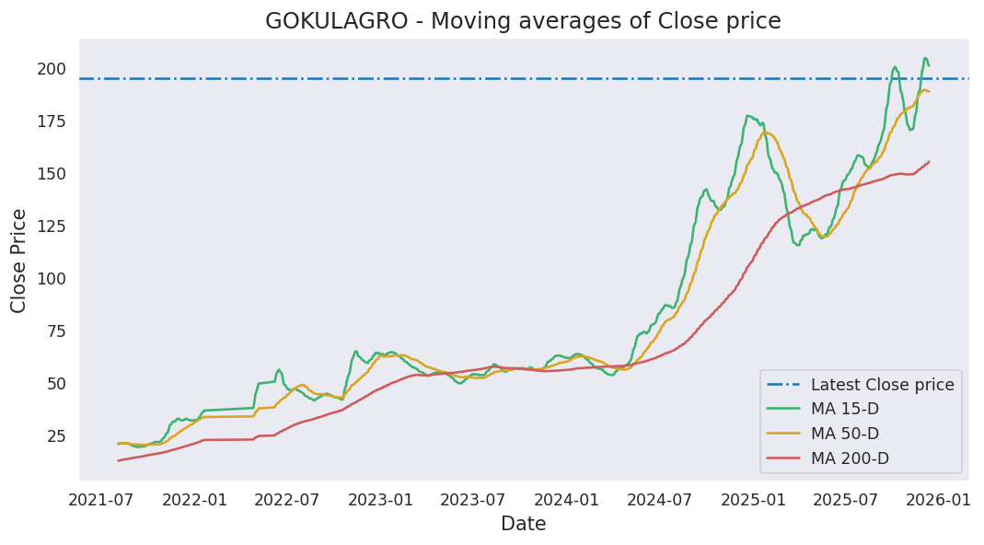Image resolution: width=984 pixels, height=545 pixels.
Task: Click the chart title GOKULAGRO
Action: coord(523,21)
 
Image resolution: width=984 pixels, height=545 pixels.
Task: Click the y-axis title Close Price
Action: coord(19,260)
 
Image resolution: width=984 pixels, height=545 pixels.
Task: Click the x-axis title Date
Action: coord(523,524)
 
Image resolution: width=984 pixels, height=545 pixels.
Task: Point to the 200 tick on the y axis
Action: coord(52,69)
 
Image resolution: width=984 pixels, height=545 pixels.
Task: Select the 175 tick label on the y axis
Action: coord(52,122)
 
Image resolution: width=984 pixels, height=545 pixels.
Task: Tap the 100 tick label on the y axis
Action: coord(52,279)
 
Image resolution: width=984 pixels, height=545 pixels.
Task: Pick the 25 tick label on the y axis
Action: coord(56,436)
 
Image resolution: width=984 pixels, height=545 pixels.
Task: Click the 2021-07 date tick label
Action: coord(102,500)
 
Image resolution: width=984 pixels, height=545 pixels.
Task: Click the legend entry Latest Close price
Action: coord(882,385)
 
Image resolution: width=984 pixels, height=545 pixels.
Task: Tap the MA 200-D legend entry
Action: coord(851,458)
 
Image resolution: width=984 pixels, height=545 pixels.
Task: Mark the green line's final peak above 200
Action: coord(925,58)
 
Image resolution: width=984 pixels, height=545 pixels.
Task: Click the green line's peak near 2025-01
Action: coord(748,116)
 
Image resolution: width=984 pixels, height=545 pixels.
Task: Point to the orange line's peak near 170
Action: coord(765,133)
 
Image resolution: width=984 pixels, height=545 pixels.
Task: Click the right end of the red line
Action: coord(929,162)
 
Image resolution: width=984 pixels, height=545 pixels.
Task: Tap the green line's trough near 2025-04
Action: coord(798,245)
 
